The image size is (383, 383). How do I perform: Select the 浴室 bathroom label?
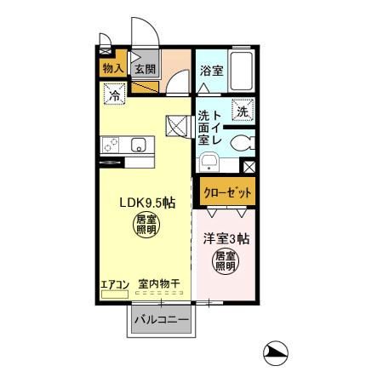coord(211,71)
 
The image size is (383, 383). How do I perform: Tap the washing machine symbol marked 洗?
coord(242,111)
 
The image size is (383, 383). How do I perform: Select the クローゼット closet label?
coord(227,192)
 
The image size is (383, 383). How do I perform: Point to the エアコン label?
coord(113,284)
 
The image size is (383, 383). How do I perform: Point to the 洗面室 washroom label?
coord(205,128)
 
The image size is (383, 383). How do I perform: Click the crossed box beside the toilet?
coord(249,168)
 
